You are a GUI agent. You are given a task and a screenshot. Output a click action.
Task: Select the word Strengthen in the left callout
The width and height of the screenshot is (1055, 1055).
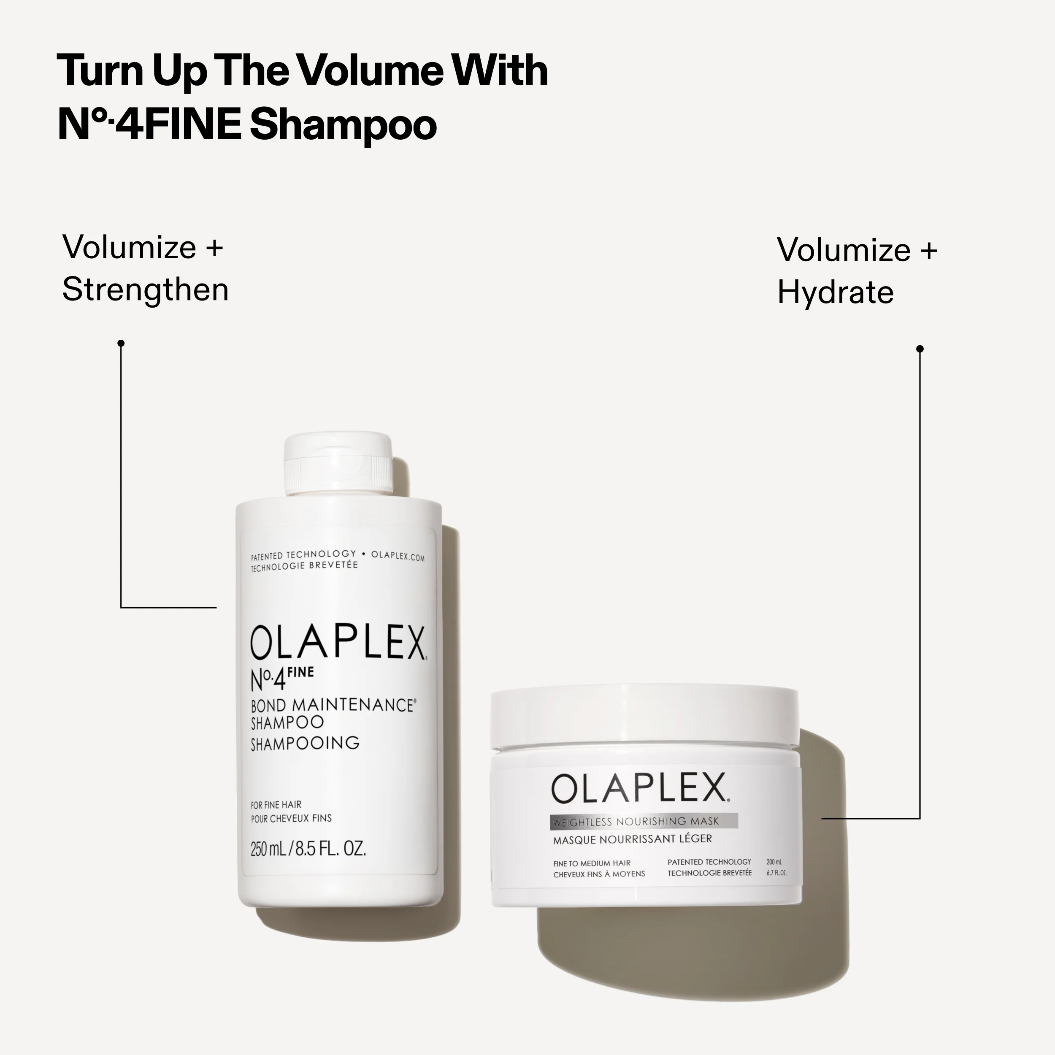(x=145, y=289)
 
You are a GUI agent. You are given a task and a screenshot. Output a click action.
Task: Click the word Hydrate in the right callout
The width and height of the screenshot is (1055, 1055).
(x=835, y=293)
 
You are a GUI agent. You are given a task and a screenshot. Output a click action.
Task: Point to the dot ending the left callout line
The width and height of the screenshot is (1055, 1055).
(x=121, y=343)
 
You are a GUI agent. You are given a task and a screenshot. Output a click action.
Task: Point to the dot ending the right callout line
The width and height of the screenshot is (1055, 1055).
(x=920, y=349)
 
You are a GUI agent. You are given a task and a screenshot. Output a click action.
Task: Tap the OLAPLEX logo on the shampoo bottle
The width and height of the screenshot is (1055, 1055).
(x=338, y=643)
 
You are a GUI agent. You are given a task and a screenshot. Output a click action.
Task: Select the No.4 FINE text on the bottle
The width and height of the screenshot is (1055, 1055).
(x=281, y=679)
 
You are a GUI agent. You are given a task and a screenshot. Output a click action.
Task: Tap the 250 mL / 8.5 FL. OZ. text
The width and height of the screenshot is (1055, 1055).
(x=308, y=849)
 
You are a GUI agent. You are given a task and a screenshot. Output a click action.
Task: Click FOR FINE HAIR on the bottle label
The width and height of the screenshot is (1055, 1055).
(x=276, y=805)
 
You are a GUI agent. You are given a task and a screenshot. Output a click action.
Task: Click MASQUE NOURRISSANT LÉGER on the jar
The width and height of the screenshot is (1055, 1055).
(x=632, y=839)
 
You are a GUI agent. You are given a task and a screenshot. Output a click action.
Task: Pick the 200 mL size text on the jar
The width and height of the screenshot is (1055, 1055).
(x=774, y=862)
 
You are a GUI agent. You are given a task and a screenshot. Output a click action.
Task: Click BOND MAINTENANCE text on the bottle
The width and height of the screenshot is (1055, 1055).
(x=332, y=705)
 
